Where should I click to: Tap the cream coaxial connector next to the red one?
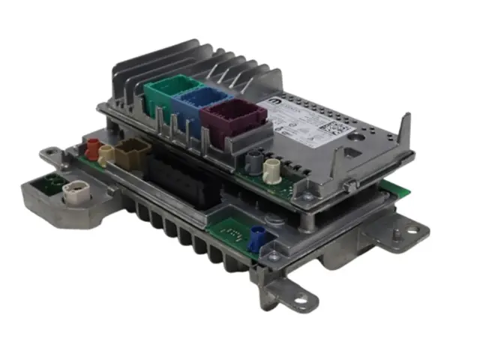click(x=107, y=155)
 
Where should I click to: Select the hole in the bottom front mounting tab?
click(x=300, y=301)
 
